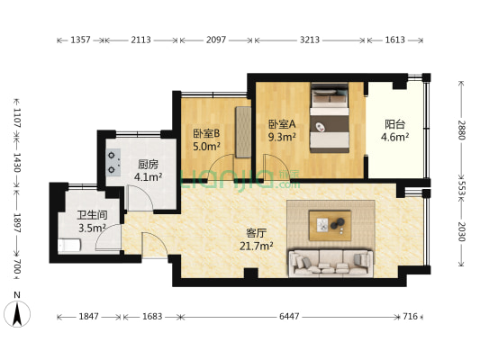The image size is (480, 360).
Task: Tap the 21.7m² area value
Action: [x=257, y=245]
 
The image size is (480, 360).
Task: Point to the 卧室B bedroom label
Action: [x=205, y=133]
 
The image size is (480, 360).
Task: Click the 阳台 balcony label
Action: [x=394, y=125]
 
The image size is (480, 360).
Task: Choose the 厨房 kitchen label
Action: [x=149, y=165]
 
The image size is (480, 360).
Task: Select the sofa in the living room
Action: [x=330, y=262]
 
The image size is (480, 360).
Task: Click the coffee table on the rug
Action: [x=330, y=223]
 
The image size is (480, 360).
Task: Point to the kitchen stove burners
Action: [x=114, y=160]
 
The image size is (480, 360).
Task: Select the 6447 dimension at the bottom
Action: [x=289, y=317]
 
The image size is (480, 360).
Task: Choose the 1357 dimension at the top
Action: [x=80, y=40]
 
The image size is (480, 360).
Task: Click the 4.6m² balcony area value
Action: [x=394, y=138]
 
